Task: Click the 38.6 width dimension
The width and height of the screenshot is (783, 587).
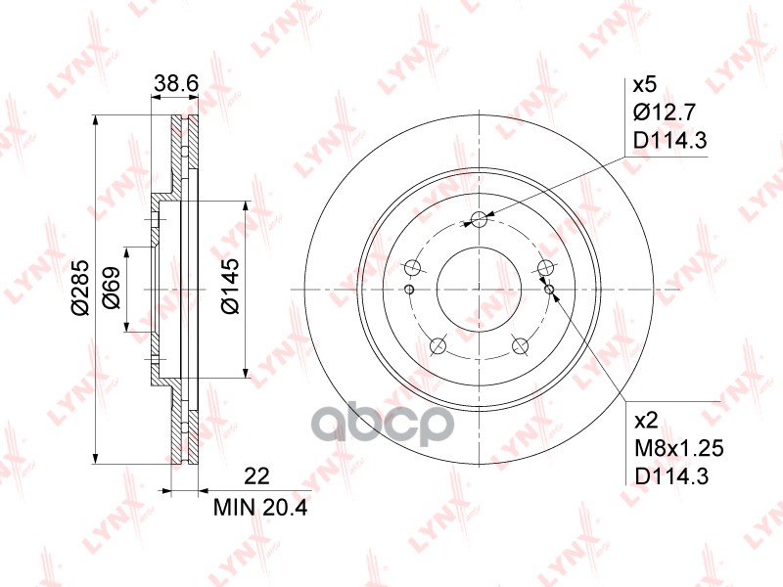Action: pyautogui.click(x=177, y=86)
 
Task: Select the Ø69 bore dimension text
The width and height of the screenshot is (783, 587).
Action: pyautogui.click(x=111, y=289)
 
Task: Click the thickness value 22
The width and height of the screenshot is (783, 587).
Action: pyautogui.click(x=256, y=477)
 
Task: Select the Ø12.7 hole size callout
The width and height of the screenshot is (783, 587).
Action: pyautogui.click(x=669, y=112)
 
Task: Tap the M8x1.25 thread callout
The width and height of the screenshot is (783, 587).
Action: pyautogui.click(x=676, y=449)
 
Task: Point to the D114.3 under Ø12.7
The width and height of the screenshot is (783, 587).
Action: pyautogui.click(x=670, y=141)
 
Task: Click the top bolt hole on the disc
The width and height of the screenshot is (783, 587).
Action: pyautogui.click(x=479, y=219)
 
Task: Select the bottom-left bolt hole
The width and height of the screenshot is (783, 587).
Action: pyautogui.click(x=438, y=346)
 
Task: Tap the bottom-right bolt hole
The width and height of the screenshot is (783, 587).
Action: pyautogui.click(x=521, y=346)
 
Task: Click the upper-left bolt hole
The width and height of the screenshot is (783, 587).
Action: pyautogui.click(x=412, y=268)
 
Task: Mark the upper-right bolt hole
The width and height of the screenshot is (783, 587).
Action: pyautogui.click(x=546, y=268)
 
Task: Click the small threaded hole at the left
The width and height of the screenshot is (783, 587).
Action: pyautogui.click(x=409, y=289)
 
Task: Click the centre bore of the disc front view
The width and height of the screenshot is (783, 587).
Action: pyautogui.click(x=479, y=290)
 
